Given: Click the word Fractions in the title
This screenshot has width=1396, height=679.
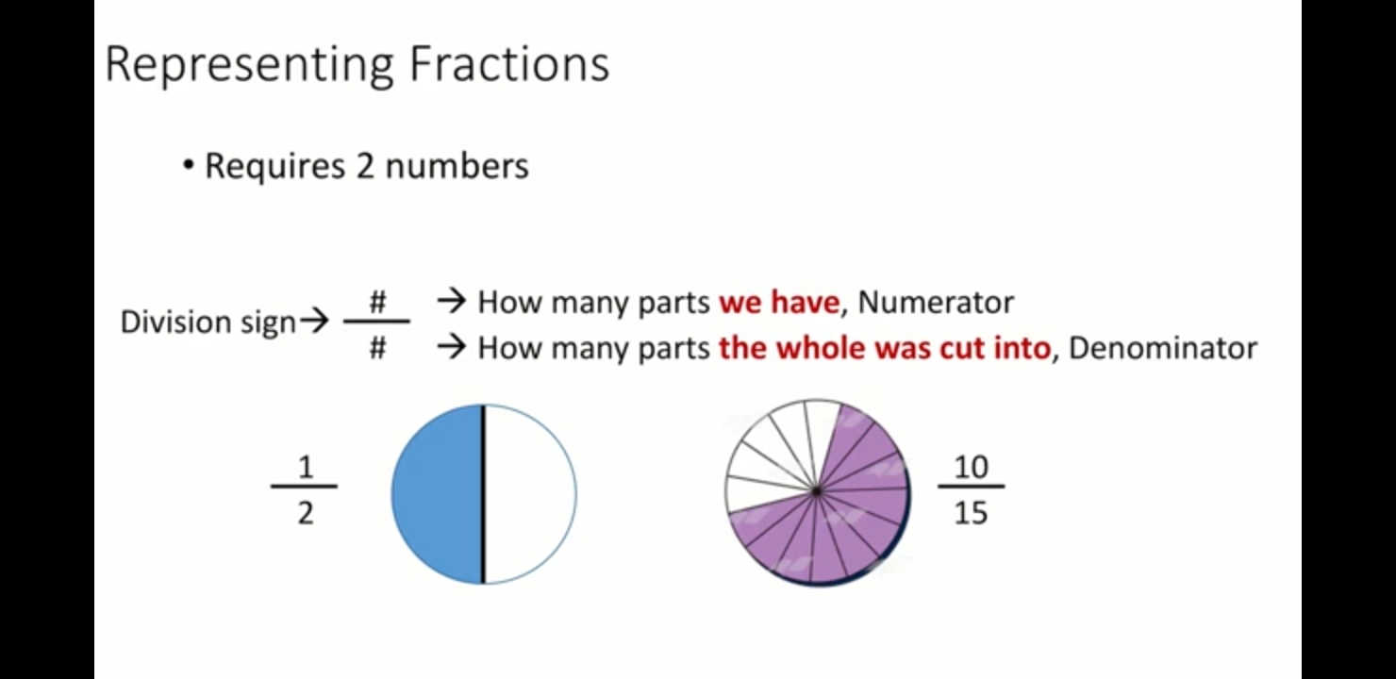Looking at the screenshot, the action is click(509, 63).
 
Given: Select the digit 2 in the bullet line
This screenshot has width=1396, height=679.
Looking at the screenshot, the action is click(365, 166).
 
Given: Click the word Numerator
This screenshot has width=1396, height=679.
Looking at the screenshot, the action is click(936, 302).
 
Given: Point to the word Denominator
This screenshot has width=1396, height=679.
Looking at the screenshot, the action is click(1163, 348).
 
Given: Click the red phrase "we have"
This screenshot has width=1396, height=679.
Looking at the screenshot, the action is click(779, 302).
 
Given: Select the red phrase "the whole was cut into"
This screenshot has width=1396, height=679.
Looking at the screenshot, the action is click(885, 348).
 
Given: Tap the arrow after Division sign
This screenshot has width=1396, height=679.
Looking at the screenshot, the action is click(314, 322).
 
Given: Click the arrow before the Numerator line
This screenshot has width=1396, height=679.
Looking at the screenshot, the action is click(452, 302).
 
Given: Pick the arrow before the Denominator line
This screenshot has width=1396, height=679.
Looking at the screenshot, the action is click(452, 347).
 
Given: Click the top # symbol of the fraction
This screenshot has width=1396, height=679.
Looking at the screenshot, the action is click(377, 303).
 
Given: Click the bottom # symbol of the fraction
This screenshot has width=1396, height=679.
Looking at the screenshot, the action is click(377, 348).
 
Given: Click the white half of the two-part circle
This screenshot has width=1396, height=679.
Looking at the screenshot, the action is click(530, 494).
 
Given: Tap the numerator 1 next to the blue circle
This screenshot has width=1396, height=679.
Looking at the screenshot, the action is click(306, 467).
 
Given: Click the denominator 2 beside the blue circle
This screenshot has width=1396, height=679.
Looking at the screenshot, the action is click(306, 513).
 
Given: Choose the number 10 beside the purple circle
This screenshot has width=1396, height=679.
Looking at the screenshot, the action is click(972, 467).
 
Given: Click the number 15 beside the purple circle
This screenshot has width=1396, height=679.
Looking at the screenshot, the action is click(972, 513).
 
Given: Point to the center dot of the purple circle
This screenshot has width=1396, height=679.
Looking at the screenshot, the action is click(817, 491).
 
